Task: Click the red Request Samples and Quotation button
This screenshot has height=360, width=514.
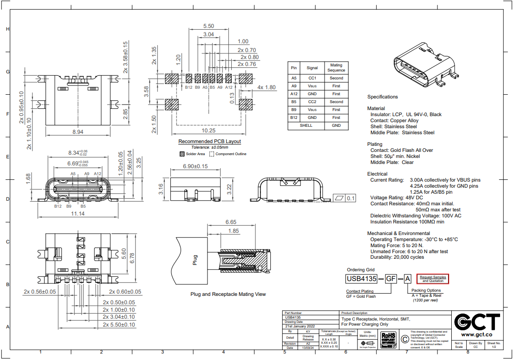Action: pyautogui.click(x=433, y=279)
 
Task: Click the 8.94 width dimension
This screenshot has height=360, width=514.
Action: pyautogui.click(x=78, y=132)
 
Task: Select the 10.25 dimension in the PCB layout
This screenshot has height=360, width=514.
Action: pyautogui.click(x=208, y=131)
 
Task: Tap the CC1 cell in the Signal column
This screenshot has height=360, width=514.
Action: pyautogui.click(x=312, y=78)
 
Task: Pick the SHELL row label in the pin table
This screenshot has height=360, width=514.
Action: pyautogui.click(x=306, y=125)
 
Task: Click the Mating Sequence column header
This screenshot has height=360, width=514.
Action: pyautogui.click(x=336, y=68)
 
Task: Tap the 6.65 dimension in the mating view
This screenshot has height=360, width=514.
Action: pyautogui.click(x=231, y=222)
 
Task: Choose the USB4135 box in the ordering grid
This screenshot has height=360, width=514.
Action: pyautogui.click(x=361, y=279)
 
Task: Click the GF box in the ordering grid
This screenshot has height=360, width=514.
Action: pyautogui.click(x=391, y=279)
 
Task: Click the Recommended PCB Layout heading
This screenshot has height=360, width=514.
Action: pyautogui.click(x=209, y=141)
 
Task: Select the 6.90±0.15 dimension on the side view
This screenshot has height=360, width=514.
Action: pyautogui.click(x=189, y=166)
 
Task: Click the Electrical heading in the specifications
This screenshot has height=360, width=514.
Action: pyautogui.click(x=377, y=174)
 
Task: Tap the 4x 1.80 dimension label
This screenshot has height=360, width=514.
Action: pyautogui.click(x=267, y=87)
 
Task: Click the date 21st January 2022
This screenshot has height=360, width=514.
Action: pyautogui.click(x=300, y=326)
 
